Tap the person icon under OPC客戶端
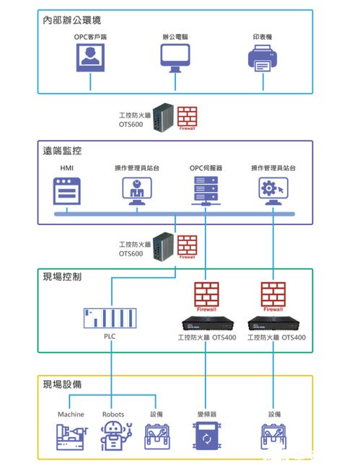click(90, 57)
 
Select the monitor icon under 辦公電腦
click(175, 58)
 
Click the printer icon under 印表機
click(263, 58)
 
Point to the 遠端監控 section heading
click(63, 151)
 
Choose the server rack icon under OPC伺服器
click(206, 191)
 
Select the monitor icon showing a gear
click(273, 190)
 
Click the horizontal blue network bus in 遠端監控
click(173, 215)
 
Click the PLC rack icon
click(110, 317)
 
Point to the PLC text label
click(110, 337)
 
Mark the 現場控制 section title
click(63, 276)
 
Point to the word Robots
click(113, 415)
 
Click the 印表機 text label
click(263, 36)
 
